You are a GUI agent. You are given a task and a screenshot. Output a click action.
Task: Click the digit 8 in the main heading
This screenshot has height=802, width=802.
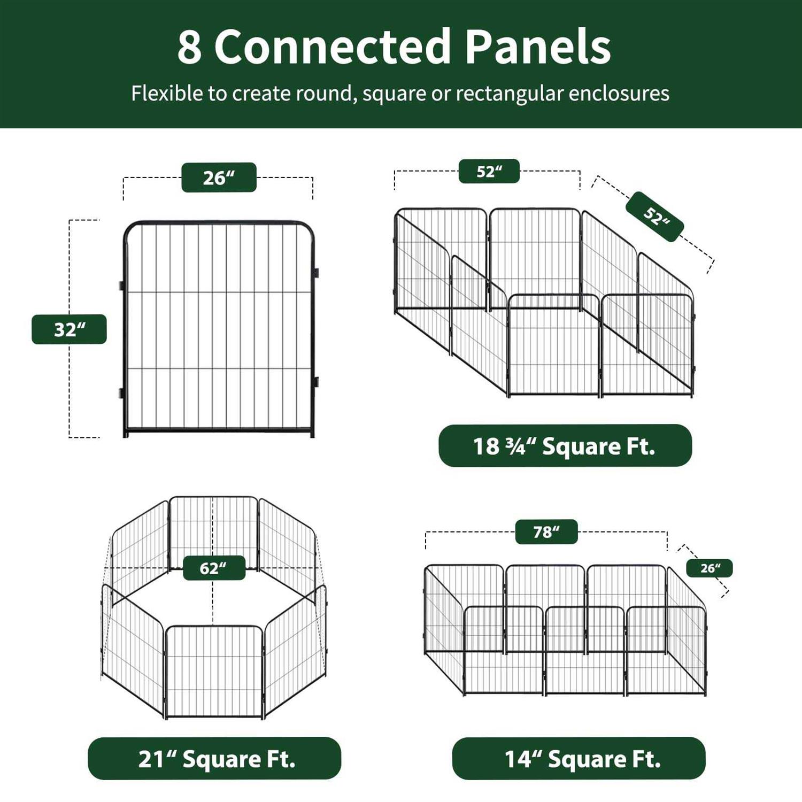pyautogui.click(x=189, y=47)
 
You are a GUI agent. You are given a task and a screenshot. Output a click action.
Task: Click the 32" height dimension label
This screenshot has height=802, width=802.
pyautogui.click(x=70, y=329)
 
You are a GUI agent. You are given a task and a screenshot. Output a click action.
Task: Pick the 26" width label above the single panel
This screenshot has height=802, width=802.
pyautogui.click(x=219, y=178)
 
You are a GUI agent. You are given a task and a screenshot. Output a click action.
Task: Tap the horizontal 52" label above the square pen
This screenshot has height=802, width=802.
pyautogui.click(x=489, y=171)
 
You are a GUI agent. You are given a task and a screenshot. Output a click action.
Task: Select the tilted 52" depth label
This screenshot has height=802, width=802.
pyautogui.click(x=655, y=217)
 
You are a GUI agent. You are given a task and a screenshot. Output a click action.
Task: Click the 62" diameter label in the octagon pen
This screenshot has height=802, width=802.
pyautogui.click(x=214, y=568)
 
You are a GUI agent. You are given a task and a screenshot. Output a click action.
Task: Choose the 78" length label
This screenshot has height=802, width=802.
pyautogui.click(x=546, y=532)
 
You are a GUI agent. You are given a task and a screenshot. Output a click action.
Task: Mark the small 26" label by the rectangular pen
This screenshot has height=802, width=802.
pyautogui.click(x=710, y=568)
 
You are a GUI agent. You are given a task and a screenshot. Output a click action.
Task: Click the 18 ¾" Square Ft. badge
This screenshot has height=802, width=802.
pyautogui.click(x=565, y=446)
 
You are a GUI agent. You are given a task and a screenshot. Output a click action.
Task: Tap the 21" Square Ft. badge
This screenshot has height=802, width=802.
pyautogui.click(x=214, y=759)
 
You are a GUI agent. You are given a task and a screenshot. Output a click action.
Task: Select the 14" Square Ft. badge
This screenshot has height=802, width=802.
pyautogui.click(x=579, y=759)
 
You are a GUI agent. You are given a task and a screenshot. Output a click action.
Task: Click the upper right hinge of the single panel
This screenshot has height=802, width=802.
pyautogui.click(x=316, y=273)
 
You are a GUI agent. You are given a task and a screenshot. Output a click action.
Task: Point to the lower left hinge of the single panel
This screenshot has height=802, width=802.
pyautogui.click(x=121, y=394)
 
